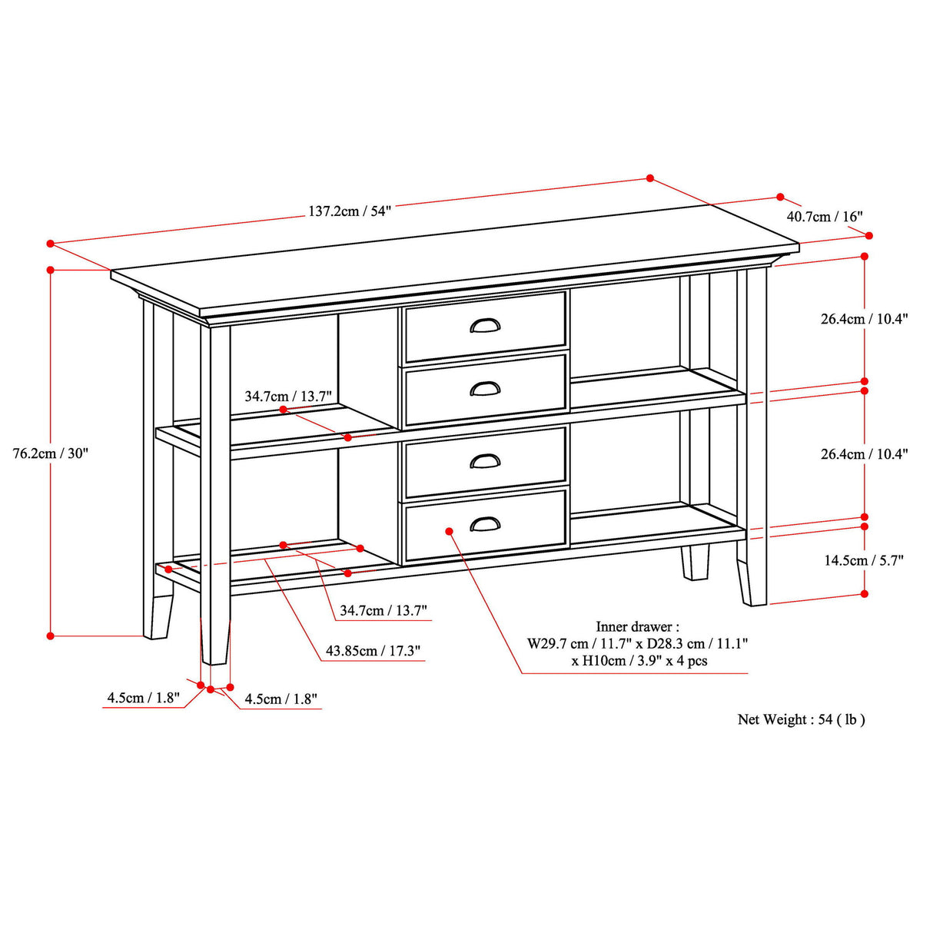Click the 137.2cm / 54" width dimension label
(350, 211)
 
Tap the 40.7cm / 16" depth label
(824, 217)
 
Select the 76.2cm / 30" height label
(51, 453)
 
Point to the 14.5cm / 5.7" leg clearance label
(863, 560)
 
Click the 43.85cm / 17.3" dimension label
(373, 651)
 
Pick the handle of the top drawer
(485, 326)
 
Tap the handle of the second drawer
(485, 390)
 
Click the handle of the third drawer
(485, 461)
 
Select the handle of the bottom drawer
(485, 524)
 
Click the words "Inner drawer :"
(637, 627)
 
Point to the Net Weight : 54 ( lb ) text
(801, 719)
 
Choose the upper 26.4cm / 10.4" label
(864, 319)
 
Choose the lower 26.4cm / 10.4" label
(864, 454)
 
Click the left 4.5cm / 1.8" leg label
(143, 698)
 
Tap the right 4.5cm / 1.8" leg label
(281, 699)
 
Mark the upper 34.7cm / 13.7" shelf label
(288, 397)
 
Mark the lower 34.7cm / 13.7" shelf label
(383, 611)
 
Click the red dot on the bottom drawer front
(449, 530)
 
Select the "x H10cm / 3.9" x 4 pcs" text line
(639, 661)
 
